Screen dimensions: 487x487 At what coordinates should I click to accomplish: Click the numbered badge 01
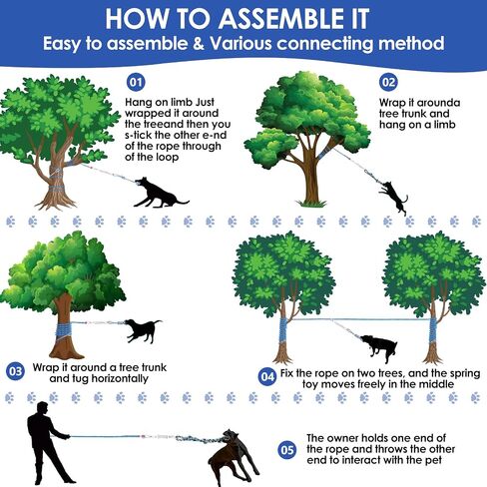tap(136, 82)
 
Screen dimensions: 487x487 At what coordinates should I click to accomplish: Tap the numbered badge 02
tap(388, 82)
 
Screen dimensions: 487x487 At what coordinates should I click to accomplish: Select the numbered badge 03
tap(15, 371)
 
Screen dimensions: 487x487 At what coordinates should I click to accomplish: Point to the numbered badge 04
tap(267, 377)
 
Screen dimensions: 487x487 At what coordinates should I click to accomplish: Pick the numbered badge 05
tap(287, 450)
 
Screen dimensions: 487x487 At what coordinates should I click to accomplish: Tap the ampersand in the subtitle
tap(199, 44)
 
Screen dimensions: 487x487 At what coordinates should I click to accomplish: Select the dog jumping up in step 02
tap(393, 197)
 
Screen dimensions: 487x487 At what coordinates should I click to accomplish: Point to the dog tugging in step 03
tap(143, 330)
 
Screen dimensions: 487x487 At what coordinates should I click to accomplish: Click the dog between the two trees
tap(379, 348)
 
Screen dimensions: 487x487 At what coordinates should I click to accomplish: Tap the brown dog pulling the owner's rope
tap(233, 457)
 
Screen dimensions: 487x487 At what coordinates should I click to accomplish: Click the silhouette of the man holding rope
tap(49, 443)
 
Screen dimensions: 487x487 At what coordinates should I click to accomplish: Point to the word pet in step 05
tap(433, 461)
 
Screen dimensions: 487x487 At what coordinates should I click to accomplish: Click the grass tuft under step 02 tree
tap(311, 203)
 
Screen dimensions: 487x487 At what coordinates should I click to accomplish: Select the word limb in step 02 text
tap(444, 125)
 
